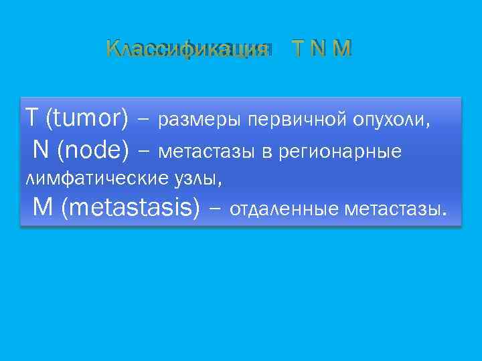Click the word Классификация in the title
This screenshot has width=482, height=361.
187,49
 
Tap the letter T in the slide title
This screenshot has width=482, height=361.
298,49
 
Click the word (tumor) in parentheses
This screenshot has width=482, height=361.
86,118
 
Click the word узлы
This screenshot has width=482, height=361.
201,179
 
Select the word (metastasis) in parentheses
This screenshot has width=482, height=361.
130,209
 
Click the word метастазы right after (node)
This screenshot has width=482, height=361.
208,153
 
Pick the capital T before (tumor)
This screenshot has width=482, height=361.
31,118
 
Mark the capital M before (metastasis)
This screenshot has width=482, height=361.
42,209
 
